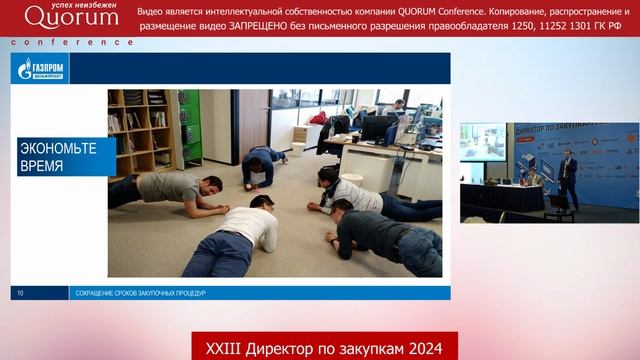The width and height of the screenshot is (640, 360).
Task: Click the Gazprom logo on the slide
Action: pyautogui.click(x=40, y=68)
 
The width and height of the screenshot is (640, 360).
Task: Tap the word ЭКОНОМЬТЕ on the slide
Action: pyautogui.click(x=58, y=148)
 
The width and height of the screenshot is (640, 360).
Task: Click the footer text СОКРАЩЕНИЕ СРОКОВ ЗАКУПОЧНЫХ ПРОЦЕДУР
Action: pyautogui.click(x=140, y=293)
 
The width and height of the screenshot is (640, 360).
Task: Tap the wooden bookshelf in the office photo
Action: pyautogui.click(x=139, y=130)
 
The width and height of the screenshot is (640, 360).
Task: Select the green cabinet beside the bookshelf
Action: pyautogui.click(x=188, y=125)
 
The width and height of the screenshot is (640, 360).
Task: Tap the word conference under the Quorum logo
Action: pyautogui.click(x=71, y=42)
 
